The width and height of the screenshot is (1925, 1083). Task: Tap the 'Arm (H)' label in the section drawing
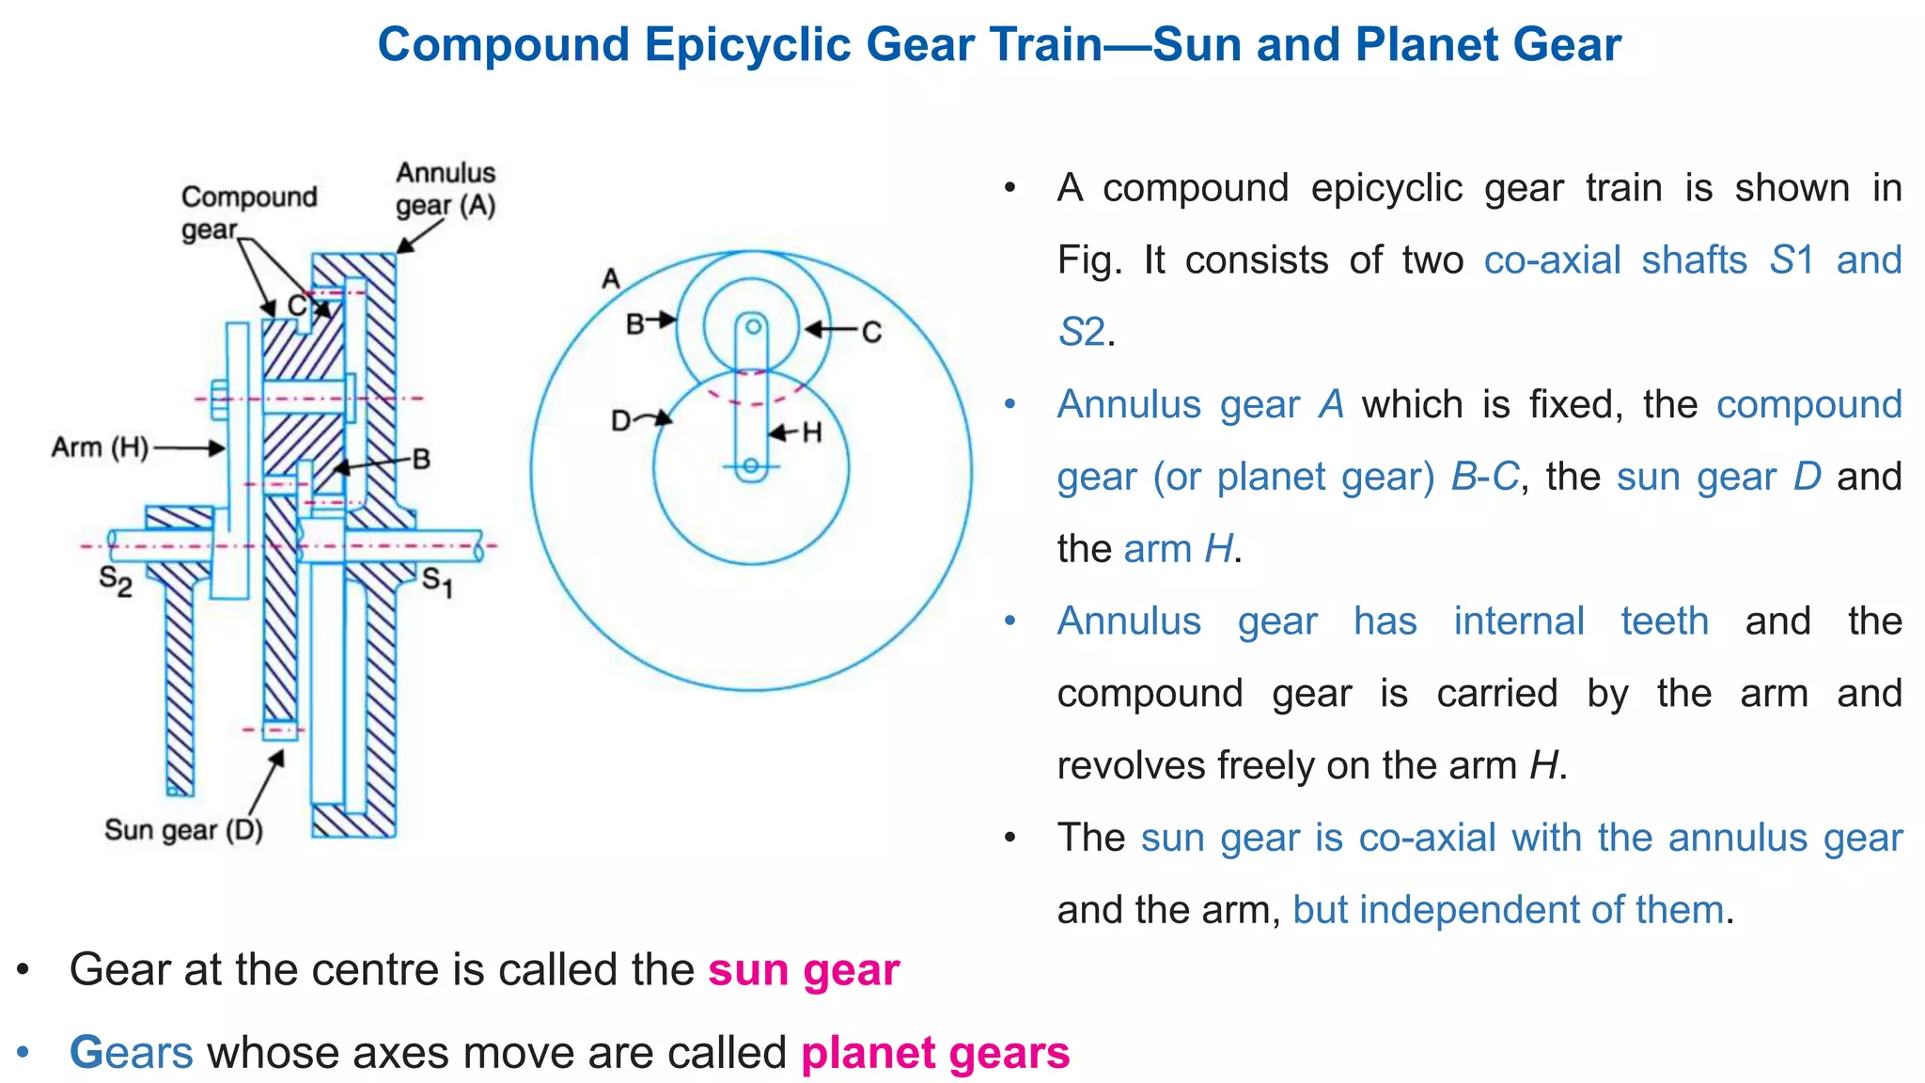pyautogui.click(x=101, y=447)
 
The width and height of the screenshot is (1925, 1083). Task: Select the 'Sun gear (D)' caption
pyautogui.click(x=183, y=830)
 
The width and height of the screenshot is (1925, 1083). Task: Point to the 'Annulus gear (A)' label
pyautogui.click(x=445, y=189)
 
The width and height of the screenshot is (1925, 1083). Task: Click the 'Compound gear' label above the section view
pyautogui.click(x=248, y=212)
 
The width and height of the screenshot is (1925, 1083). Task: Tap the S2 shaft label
pyautogui.click(x=116, y=580)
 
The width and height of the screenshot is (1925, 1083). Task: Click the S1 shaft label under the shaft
pyautogui.click(x=437, y=582)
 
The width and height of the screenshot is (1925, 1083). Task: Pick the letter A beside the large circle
pyautogui.click(x=611, y=279)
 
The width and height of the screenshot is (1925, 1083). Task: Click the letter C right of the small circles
pyautogui.click(x=871, y=332)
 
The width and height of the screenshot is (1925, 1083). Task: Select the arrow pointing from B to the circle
pyautogui.click(x=663, y=321)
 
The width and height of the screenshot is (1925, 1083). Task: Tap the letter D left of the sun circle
pyautogui.click(x=620, y=420)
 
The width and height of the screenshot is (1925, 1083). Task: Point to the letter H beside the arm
pyautogui.click(x=812, y=432)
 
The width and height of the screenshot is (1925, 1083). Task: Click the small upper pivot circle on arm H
pyautogui.click(x=752, y=327)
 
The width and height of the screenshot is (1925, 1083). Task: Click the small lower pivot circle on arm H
pyautogui.click(x=751, y=465)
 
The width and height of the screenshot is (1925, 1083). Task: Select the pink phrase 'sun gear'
pyautogui.click(x=804, y=969)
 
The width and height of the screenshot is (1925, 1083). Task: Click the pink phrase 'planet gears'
pyautogui.click(x=935, y=1052)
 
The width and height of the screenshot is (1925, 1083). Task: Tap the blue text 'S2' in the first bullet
pyautogui.click(x=1081, y=332)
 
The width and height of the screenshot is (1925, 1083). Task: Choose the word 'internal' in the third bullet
pyautogui.click(x=1519, y=620)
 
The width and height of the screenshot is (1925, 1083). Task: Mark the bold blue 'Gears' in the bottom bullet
pyautogui.click(x=132, y=1052)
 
